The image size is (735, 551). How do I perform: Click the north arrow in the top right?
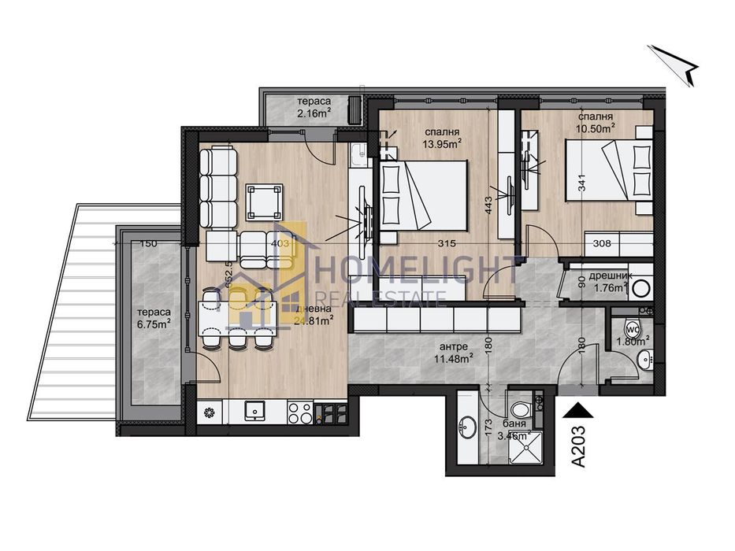point(675,65)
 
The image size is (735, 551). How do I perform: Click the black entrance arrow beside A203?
point(579,409)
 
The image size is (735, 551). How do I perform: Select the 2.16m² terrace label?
point(314,108)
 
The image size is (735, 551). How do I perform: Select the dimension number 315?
point(438,244)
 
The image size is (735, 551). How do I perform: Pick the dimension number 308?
point(603,244)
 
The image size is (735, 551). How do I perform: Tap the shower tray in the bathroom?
point(520,450)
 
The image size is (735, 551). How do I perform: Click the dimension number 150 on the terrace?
point(149,243)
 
